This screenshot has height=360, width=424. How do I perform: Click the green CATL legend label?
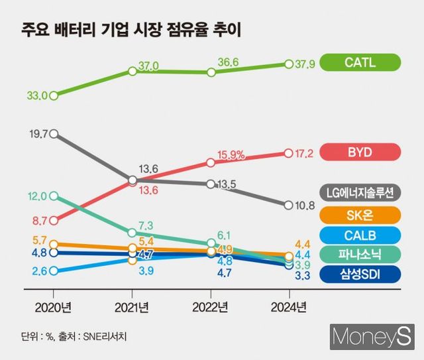click(360, 63)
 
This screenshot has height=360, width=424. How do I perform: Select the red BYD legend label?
click(360, 152)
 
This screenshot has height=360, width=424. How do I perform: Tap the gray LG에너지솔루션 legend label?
click(360, 193)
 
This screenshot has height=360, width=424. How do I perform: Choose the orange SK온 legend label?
click(360, 213)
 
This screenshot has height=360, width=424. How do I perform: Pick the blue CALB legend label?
click(360, 234)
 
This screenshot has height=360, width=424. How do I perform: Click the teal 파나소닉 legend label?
click(360, 254)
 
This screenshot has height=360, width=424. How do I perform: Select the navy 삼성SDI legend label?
click(360, 274)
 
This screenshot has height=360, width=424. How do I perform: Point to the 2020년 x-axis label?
click(53, 307)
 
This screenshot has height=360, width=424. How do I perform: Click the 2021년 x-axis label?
click(132, 307)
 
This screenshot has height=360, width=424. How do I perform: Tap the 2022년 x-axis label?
click(210, 307)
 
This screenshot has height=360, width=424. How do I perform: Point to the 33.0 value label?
click(37, 95)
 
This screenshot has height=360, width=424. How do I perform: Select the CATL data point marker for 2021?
click(132, 70)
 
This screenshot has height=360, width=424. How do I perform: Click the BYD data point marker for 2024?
click(288, 152)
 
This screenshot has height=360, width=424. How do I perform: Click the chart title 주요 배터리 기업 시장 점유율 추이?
click(129, 30)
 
